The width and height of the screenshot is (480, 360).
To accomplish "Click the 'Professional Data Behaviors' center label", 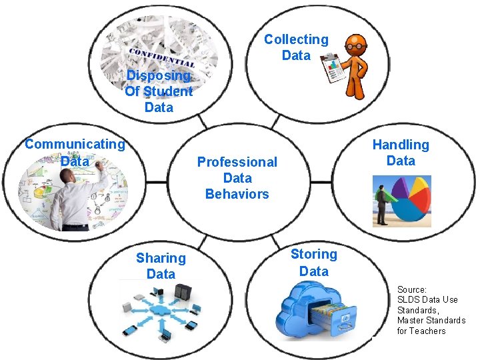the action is [237, 178].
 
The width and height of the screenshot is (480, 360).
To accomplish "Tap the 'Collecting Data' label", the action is [296, 47].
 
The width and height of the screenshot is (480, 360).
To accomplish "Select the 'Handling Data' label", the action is [400, 153].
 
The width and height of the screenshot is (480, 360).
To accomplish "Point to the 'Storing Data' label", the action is [313, 262].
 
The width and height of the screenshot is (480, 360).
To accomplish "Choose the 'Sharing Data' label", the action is [161, 266].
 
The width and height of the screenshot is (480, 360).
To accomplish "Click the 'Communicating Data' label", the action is [75, 152].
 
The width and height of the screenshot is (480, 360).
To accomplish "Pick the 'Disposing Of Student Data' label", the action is [159, 91].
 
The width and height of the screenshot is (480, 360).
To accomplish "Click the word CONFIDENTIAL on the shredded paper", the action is [162, 57].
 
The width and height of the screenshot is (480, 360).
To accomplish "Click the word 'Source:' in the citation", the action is [411, 289].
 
